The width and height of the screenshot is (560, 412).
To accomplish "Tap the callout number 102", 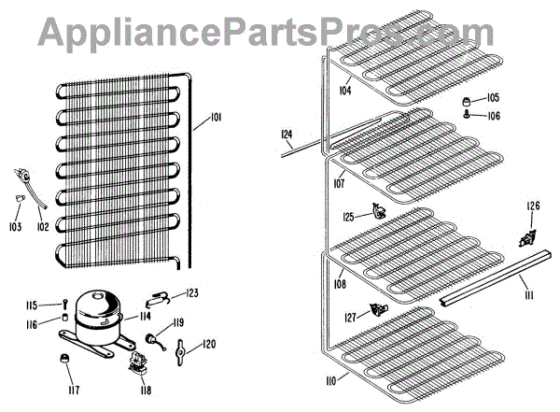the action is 42,226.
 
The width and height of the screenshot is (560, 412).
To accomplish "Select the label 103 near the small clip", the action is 15,226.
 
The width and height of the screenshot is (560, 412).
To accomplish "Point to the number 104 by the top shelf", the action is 345,91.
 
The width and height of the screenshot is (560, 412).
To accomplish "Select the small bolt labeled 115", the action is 63,305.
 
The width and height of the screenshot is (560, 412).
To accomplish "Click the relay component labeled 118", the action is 139,361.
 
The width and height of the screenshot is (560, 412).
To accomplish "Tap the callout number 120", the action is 209,344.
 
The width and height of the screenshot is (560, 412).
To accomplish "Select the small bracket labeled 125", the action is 378,213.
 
